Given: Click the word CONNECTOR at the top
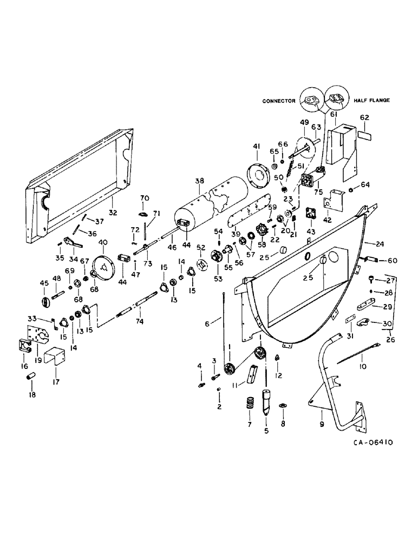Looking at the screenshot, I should [279, 101].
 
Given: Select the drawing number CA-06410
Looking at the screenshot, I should [374, 442].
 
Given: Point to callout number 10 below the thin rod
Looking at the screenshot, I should [363, 367].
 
